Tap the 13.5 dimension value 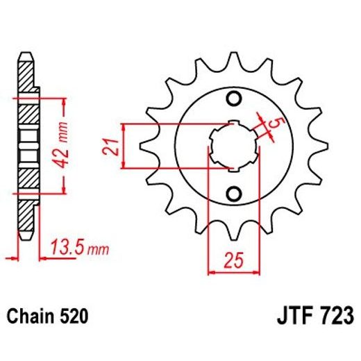click(64, 246)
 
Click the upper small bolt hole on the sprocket click(234, 96)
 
